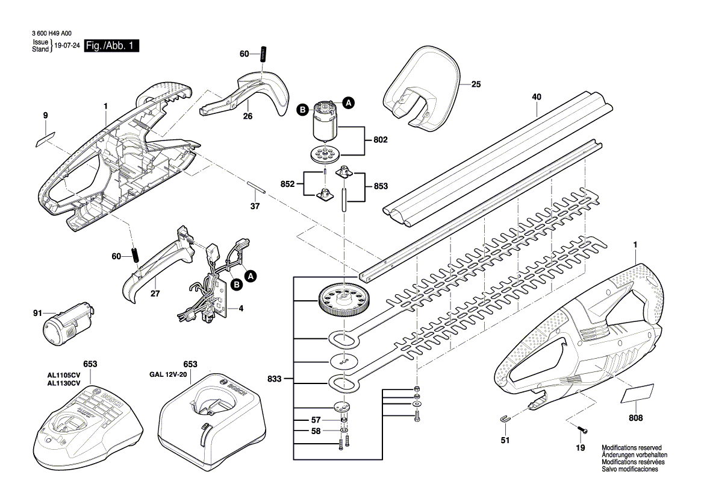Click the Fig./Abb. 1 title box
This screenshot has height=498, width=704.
111,46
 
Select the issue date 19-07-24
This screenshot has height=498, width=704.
67,46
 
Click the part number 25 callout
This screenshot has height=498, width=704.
476,85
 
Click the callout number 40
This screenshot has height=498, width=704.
537,96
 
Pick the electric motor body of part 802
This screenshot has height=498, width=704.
325,128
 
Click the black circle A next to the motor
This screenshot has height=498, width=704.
348,102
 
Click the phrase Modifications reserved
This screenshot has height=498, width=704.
631,448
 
